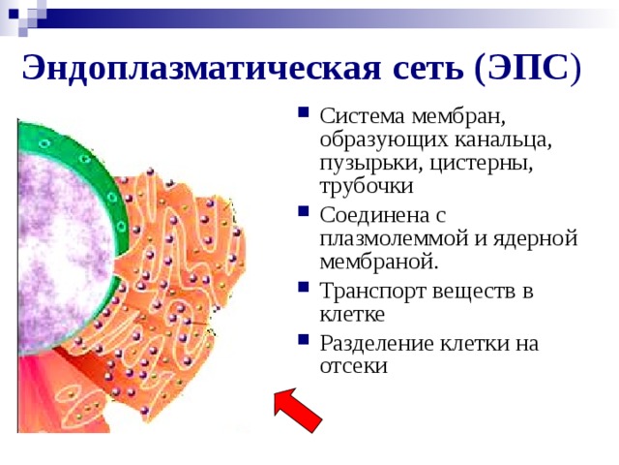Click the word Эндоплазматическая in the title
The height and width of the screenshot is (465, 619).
[201, 68]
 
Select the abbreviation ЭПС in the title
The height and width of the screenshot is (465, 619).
[528, 68]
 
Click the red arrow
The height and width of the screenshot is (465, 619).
[298, 410]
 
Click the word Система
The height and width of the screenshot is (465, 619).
[363, 117]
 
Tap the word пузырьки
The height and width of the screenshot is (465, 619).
[369, 164]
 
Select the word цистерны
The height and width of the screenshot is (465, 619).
[481, 164]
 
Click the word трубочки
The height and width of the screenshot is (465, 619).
[367, 186]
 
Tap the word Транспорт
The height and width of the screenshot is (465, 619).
[373, 292]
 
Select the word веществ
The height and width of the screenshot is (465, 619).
[475, 293]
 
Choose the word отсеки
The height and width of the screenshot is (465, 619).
[354, 366]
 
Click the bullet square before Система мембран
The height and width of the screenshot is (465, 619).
[303, 112]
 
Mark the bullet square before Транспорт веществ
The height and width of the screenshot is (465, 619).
[303, 287]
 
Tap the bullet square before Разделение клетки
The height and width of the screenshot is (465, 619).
[303, 339]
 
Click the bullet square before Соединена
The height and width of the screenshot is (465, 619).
[303, 211]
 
